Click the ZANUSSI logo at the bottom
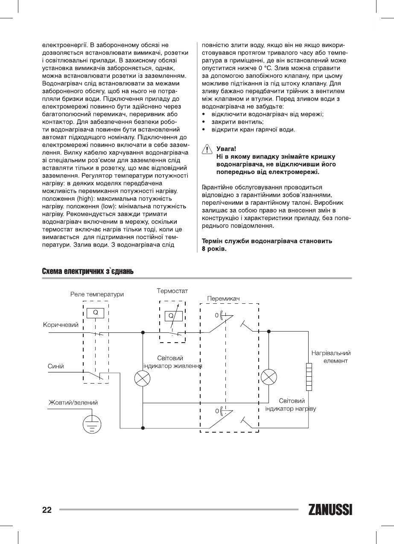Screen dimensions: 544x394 coord(330,510)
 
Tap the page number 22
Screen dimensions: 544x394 coord(47,510)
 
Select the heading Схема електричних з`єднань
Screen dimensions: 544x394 coord(88,272)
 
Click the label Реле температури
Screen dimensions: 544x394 coord(97,294)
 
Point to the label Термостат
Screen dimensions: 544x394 coord(172,291)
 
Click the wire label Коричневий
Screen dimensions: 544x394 coord(61,325)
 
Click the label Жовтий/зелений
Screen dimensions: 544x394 coord(73,402)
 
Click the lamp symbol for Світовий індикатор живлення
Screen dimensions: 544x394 coord(143,378)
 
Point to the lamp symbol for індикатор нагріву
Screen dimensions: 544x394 coord(269,377)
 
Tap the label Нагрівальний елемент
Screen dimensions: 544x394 coord(331,357)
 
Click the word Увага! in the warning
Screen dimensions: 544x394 coord(226,149)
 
